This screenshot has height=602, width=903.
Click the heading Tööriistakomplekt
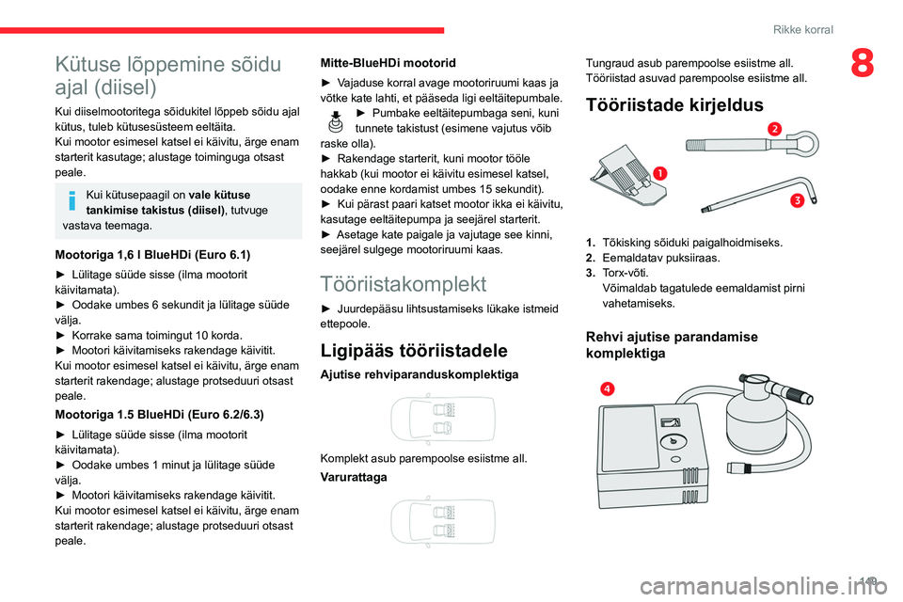pyautogui.click(x=403, y=283)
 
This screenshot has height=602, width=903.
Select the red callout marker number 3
pyautogui.click(x=796, y=199)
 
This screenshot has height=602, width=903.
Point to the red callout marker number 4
pyautogui.click(x=610, y=388)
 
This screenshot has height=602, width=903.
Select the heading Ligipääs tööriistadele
pyautogui.click(x=414, y=351)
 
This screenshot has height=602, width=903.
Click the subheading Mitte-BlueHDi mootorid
pyautogui.click(x=388, y=62)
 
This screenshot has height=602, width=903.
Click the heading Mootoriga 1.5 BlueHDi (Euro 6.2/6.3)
pyautogui.click(x=153, y=413)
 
